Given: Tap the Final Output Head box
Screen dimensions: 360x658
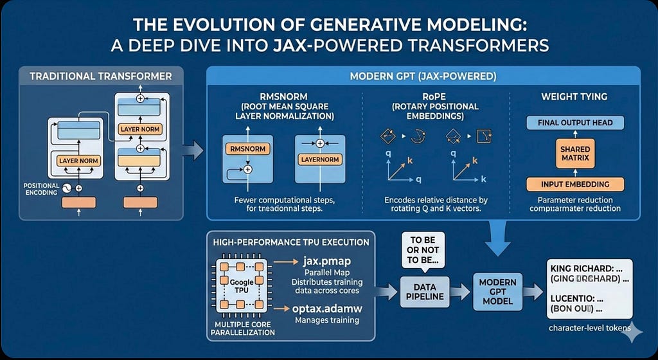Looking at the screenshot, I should click(x=574, y=123).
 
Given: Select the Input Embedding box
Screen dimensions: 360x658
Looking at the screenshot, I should click(x=574, y=184).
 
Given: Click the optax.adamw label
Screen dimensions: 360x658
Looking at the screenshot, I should click(x=328, y=309).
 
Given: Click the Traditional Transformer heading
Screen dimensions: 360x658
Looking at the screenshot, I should click(x=101, y=76).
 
